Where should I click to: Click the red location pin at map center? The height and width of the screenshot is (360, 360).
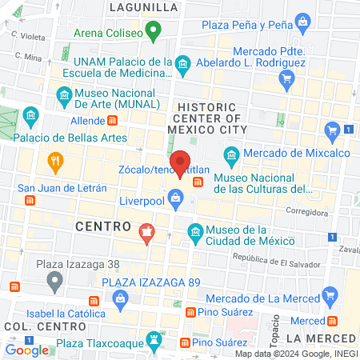pyautogui.click(x=181, y=164)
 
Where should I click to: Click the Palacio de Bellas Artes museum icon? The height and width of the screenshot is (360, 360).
pyautogui.click(x=31, y=117)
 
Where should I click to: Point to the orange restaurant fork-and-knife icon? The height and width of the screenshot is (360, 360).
pyautogui.click(x=55, y=160)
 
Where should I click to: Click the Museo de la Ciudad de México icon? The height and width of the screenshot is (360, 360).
pyautogui.click(x=195, y=232)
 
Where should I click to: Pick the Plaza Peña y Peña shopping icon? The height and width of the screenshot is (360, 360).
pyautogui.click(x=302, y=20)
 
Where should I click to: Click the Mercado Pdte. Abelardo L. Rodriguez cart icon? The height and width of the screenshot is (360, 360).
pyautogui.click(x=286, y=78)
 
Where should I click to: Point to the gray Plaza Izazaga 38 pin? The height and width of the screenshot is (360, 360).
pyautogui.click(x=54, y=281)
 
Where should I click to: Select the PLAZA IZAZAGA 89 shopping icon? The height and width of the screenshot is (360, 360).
pyautogui.click(x=121, y=299)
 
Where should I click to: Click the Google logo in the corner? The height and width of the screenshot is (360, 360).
pyautogui.click(x=27, y=350)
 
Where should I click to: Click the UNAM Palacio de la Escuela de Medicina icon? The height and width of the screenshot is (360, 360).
pyautogui.click(x=182, y=62)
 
